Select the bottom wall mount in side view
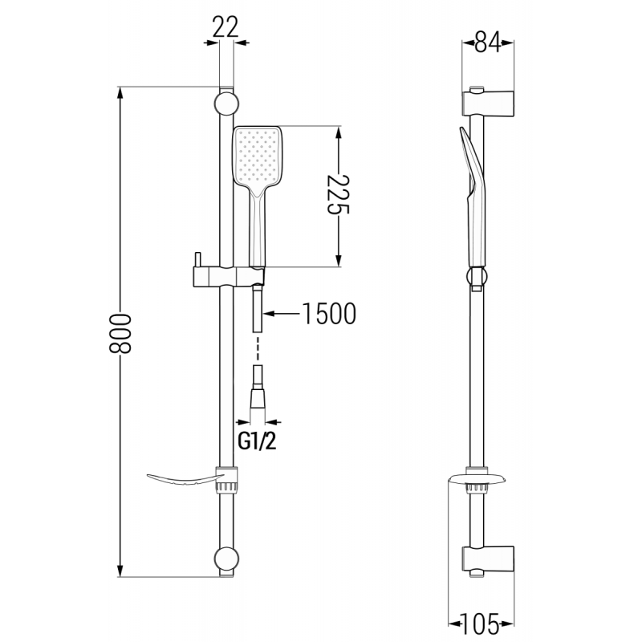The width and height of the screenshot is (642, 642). pyautogui.click(x=489, y=557)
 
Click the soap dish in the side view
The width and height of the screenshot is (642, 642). pyautogui.click(x=477, y=483)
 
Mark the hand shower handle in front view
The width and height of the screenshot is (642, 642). pyautogui.click(x=256, y=233)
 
